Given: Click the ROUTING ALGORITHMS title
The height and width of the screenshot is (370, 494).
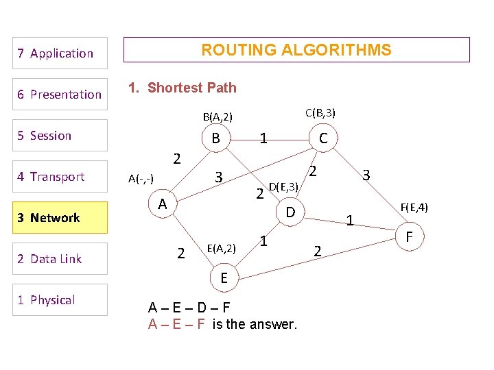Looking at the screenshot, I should (x=296, y=50).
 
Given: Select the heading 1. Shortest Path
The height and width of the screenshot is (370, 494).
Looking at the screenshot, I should (x=183, y=88).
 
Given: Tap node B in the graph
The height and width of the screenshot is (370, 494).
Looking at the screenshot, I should (x=215, y=138).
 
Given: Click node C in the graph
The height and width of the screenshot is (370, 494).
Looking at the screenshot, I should (x=323, y=139).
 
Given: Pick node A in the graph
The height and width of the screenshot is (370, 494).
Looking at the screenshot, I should (x=162, y=204).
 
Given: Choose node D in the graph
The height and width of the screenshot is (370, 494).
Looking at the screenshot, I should (x=290, y=213).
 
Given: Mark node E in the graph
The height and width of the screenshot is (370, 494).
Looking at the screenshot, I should (x=224, y=277).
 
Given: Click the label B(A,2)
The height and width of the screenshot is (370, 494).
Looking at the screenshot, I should (x=217, y=117).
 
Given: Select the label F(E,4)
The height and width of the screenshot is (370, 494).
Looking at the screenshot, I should (x=409, y=206).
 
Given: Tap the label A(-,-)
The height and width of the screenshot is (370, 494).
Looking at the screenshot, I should (x=141, y=179).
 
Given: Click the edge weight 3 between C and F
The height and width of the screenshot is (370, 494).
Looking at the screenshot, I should (x=366, y=175).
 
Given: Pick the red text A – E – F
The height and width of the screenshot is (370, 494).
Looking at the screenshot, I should (x=176, y=324).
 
